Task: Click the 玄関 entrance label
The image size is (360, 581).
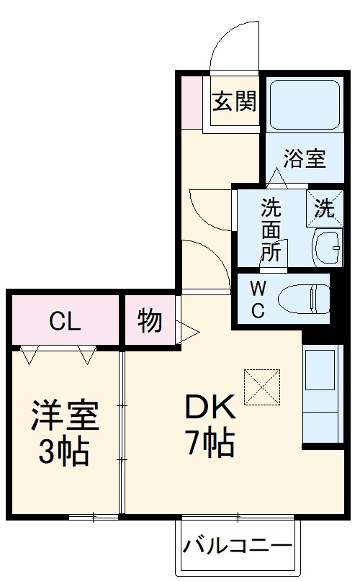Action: click(x=234, y=102)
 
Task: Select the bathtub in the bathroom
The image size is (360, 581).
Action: click(x=303, y=105)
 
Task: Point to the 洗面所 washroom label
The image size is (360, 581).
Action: click(x=271, y=230)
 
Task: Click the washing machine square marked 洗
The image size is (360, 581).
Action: click(x=324, y=208)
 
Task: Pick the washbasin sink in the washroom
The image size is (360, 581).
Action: click(x=328, y=248)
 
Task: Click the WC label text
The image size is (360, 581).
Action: click(x=258, y=299)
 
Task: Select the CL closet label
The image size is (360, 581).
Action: click(x=65, y=321)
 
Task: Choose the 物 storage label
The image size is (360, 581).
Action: click(x=150, y=321)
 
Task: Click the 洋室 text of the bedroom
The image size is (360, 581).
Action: click(x=64, y=417)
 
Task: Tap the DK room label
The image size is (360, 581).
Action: click(x=210, y=408)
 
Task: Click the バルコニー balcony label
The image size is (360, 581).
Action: click(x=237, y=546)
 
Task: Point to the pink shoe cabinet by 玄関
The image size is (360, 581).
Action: click(x=191, y=101)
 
